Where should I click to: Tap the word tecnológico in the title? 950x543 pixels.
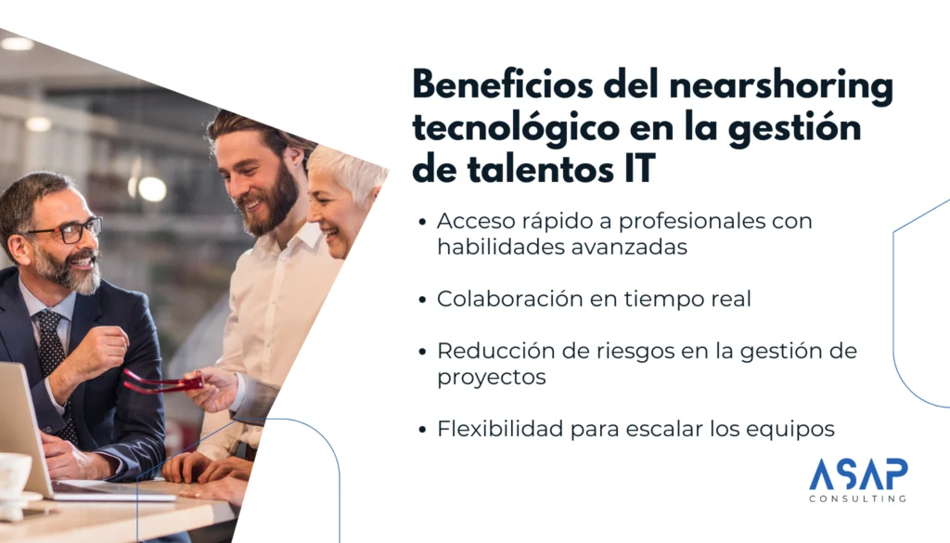(x=516, y=129)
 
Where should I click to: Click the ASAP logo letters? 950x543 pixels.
(x=858, y=474)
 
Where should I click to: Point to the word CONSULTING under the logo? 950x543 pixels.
(x=858, y=498)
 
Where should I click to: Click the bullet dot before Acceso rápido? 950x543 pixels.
(x=422, y=222)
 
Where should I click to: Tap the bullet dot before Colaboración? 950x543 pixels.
(x=422, y=300)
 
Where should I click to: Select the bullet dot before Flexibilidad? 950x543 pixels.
(x=422, y=430)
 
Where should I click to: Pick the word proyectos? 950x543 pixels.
(x=492, y=378)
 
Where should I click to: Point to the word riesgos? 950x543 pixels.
(x=635, y=352)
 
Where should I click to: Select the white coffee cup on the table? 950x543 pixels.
(x=15, y=477)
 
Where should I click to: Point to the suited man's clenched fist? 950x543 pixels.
(x=107, y=348)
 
